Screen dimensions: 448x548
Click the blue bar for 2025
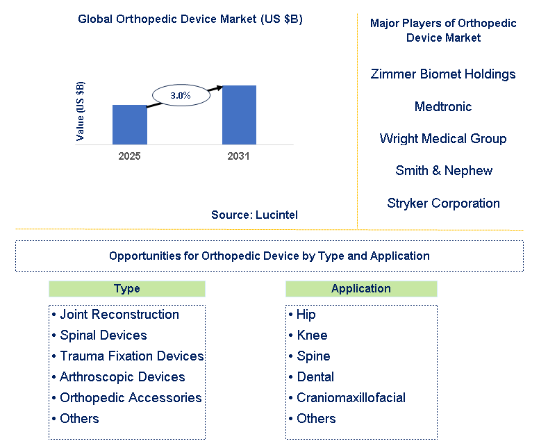(130, 125)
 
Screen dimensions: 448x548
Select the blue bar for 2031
(239, 115)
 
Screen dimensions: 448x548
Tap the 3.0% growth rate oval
(181, 96)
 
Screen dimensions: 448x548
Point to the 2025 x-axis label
(130, 156)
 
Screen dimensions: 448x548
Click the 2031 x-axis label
(238, 156)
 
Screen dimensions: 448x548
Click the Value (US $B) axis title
(81, 112)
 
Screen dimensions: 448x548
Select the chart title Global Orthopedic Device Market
(190, 19)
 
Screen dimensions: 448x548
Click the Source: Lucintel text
(254, 215)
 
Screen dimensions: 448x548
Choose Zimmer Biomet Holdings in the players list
(443, 74)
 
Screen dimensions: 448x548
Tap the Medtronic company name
(443, 106)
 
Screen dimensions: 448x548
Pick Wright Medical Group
(443, 139)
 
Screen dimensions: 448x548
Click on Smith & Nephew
(443, 171)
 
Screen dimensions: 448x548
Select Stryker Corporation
(443, 204)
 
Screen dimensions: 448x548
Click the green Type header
(127, 289)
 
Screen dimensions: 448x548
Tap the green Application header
(361, 289)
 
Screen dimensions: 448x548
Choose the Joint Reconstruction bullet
(119, 315)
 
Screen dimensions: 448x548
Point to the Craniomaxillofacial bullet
(350, 398)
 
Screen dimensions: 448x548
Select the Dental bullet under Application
(315, 377)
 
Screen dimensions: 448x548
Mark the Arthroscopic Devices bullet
(122, 377)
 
